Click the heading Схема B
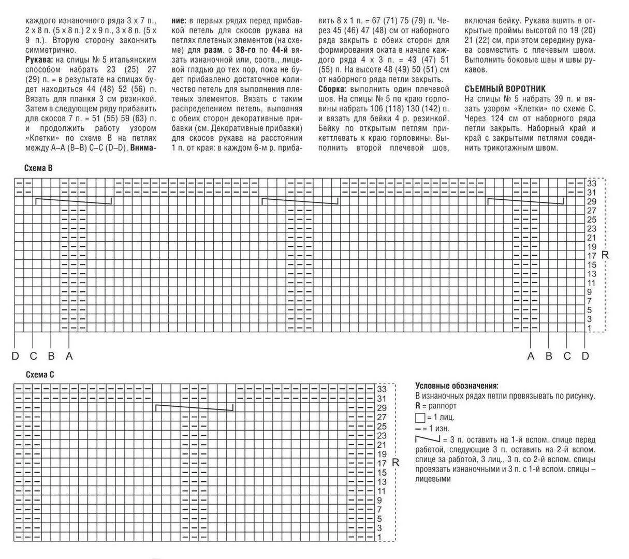(38, 168)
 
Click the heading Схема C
(40, 375)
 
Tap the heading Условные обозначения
(457, 386)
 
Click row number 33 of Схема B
(592, 183)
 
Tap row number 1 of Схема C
(379, 538)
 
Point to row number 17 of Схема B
(592, 256)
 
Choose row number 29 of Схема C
(382, 408)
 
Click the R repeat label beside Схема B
(605, 255)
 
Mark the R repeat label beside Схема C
(396, 463)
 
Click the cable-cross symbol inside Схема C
(195, 408)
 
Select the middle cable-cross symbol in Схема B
(300, 201)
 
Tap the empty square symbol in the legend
(420, 418)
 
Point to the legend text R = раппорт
(436, 406)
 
